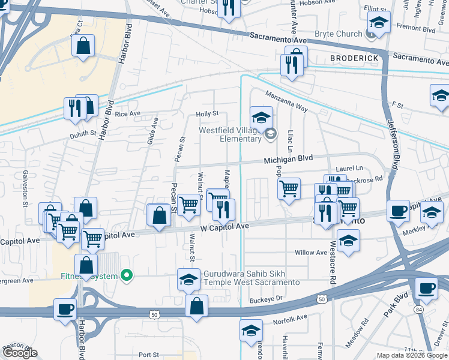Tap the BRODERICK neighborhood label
point(355,57)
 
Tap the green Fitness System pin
point(126,276)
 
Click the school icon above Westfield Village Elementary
point(261,117)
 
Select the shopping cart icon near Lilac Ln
point(289,189)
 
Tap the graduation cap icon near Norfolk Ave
point(251,330)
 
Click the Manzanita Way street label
point(286,101)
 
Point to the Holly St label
point(207,114)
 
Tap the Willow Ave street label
point(310,253)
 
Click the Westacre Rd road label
point(332,262)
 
